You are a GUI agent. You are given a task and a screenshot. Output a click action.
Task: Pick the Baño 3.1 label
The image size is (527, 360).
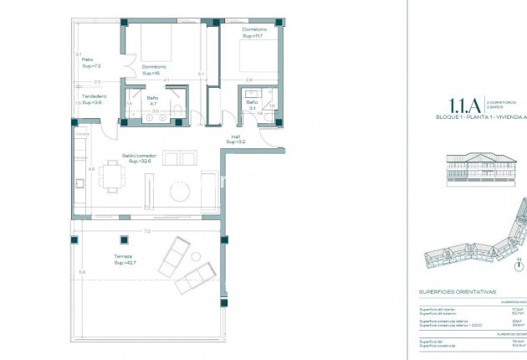coord(251,105)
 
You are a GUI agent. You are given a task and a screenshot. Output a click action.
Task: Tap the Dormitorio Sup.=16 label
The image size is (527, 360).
coord(153,69)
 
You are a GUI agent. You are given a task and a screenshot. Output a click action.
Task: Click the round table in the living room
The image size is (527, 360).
coord(182,191)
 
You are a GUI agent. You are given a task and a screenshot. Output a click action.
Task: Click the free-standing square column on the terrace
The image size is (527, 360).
coord(124,240)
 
